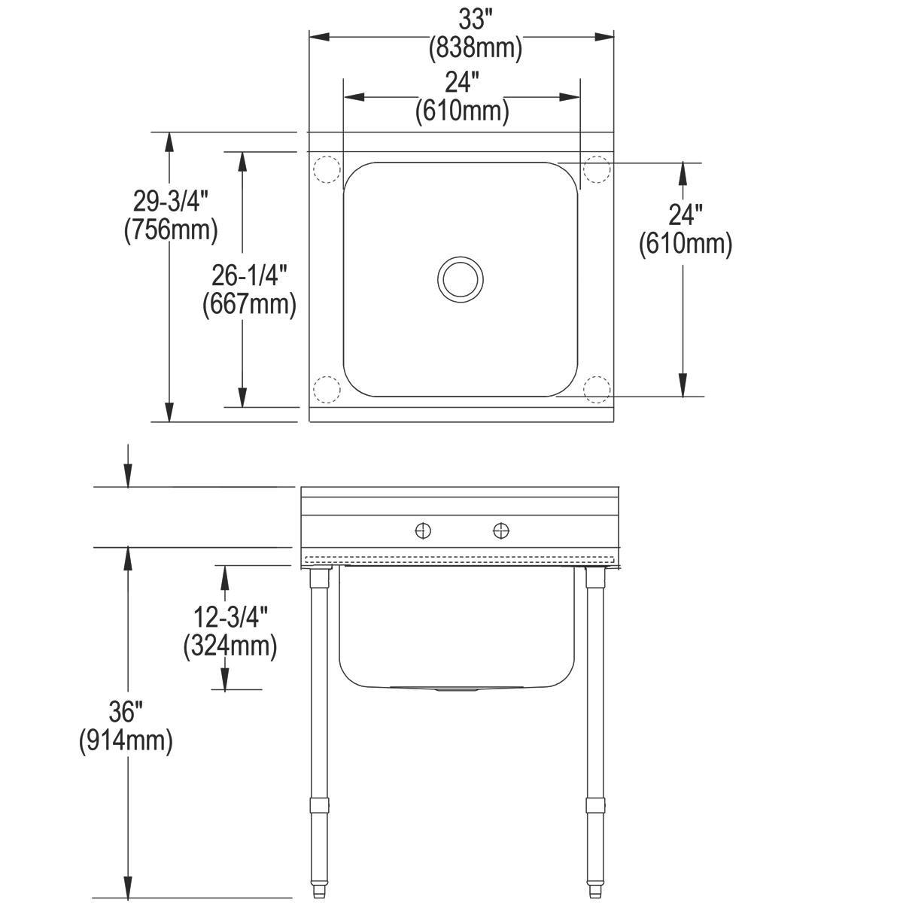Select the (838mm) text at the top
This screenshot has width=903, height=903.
pyautogui.click(x=474, y=49)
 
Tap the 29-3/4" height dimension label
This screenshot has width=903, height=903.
pyautogui.click(x=170, y=201)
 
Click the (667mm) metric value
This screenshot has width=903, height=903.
pyautogui.click(x=249, y=303)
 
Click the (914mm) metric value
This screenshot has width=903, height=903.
pyautogui.click(x=126, y=740)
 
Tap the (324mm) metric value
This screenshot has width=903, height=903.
pyautogui.click(x=230, y=646)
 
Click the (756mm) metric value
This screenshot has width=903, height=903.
pyautogui.click(x=171, y=229)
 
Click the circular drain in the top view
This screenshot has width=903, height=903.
pyautogui.click(x=459, y=278)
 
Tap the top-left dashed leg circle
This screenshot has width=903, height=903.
pyautogui.click(x=327, y=169)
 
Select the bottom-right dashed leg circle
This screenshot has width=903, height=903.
pyautogui.click(x=597, y=388)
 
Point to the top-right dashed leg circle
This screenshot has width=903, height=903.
pyautogui.click(x=597, y=169)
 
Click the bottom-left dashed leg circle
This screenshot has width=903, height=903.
pyautogui.click(x=327, y=388)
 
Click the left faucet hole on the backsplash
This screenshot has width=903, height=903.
pyautogui.click(x=424, y=531)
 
